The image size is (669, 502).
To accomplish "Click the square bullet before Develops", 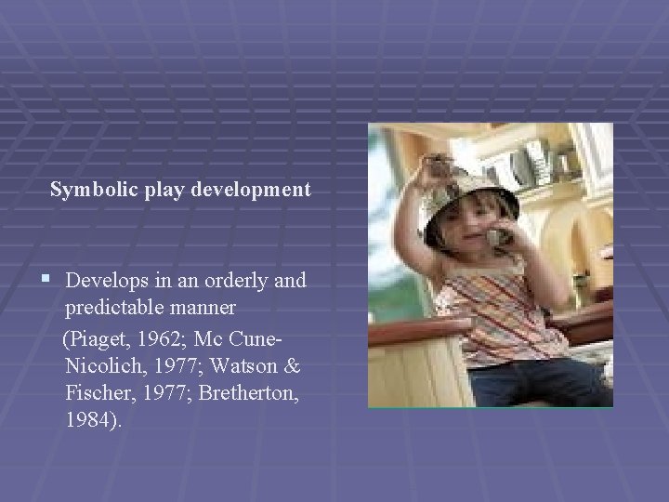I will [x=46, y=280].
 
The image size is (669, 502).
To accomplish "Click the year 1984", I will [x=90, y=420].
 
